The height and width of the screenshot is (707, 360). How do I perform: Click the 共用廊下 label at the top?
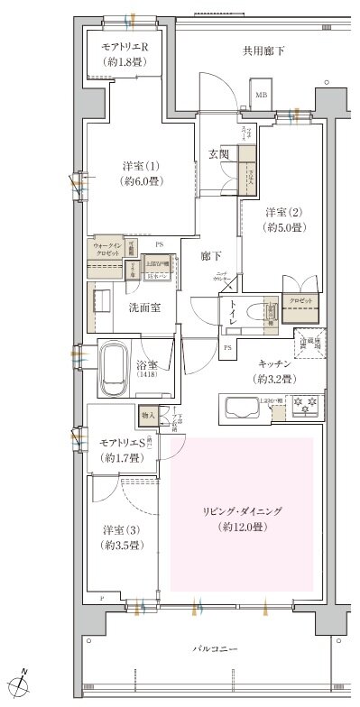(263, 50)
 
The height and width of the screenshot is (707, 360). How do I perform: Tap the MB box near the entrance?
(261, 95)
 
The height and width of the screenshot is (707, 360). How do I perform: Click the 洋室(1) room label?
(140, 167)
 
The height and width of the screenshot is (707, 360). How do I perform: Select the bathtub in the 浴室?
(114, 370)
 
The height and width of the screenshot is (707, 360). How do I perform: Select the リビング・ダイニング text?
(241, 511)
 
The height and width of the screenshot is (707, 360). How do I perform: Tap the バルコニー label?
(215, 648)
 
